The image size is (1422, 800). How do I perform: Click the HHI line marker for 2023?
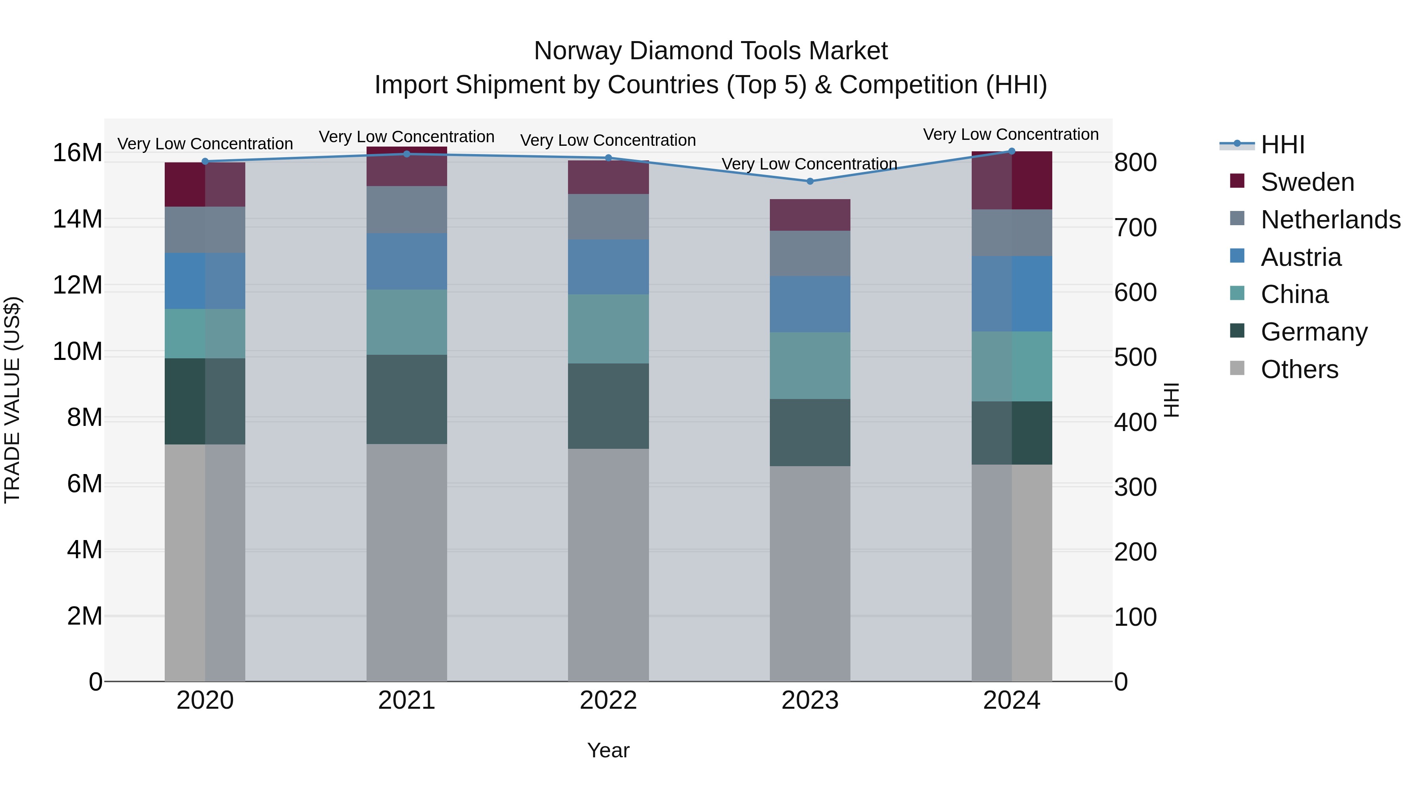pyautogui.click(x=810, y=181)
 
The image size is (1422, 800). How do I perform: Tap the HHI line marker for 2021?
pyautogui.click(x=407, y=154)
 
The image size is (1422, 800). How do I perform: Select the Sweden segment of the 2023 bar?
pyautogui.click(x=810, y=215)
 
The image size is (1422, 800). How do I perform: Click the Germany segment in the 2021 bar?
pyautogui.click(x=407, y=399)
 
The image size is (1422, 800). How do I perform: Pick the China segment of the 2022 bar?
pyautogui.click(x=608, y=329)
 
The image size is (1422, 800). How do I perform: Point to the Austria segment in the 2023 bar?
pyautogui.click(x=810, y=304)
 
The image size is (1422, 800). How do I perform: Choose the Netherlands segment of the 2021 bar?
pyautogui.click(x=407, y=209)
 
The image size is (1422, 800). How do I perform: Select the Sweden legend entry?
pyautogui.click(x=1307, y=182)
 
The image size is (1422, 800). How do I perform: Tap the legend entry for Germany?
pyautogui.click(x=1314, y=332)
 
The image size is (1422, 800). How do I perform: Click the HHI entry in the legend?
pyautogui.click(x=1282, y=145)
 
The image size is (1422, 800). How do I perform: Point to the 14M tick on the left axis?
pyautogui.click(x=77, y=219)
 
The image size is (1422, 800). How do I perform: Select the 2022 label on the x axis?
pyautogui.click(x=608, y=700)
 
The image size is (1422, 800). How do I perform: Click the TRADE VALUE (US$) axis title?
pyautogui.click(x=12, y=400)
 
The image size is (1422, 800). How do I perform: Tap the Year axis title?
pyautogui.click(x=608, y=750)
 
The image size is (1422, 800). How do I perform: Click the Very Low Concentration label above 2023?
pyautogui.click(x=809, y=164)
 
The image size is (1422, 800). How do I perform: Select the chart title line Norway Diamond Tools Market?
pyautogui.click(x=711, y=51)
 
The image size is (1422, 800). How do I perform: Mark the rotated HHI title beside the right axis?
pyautogui.click(x=1171, y=400)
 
